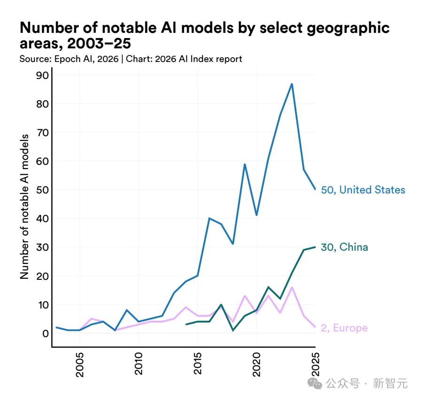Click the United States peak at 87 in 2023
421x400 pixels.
click(292, 84)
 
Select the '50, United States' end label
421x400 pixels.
click(363, 190)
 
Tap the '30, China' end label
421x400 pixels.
click(344, 247)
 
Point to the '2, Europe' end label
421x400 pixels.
click(344, 328)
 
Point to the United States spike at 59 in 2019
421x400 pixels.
click(245, 164)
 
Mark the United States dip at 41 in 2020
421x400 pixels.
click(257, 215)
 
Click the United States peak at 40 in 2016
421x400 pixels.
click(209, 218)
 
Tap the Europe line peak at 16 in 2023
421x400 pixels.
click(292, 287)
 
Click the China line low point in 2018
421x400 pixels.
click(233, 331)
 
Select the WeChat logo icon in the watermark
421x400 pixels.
click(316, 384)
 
